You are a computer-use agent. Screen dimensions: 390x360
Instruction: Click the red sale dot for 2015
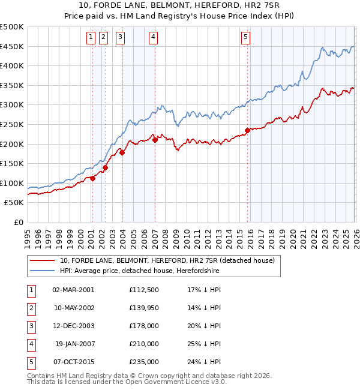(247, 130)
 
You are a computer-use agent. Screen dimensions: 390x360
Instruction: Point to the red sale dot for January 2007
(155, 140)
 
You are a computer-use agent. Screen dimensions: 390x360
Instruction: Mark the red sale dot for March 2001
(92, 178)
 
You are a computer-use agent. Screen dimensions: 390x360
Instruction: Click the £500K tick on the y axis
(12, 27)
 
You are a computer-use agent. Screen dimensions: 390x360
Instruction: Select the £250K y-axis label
(12, 124)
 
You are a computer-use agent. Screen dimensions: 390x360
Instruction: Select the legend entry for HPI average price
(139, 271)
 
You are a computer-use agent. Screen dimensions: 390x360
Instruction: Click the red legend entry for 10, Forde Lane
(167, 260)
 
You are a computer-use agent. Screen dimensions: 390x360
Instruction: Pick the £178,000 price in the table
(143, 326)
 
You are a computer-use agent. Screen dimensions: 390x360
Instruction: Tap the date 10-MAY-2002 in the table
(73, 308)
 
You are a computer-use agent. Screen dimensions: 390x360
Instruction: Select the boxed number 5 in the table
(30, 362)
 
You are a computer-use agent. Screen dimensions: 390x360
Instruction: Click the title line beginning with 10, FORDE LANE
(180, 6)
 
